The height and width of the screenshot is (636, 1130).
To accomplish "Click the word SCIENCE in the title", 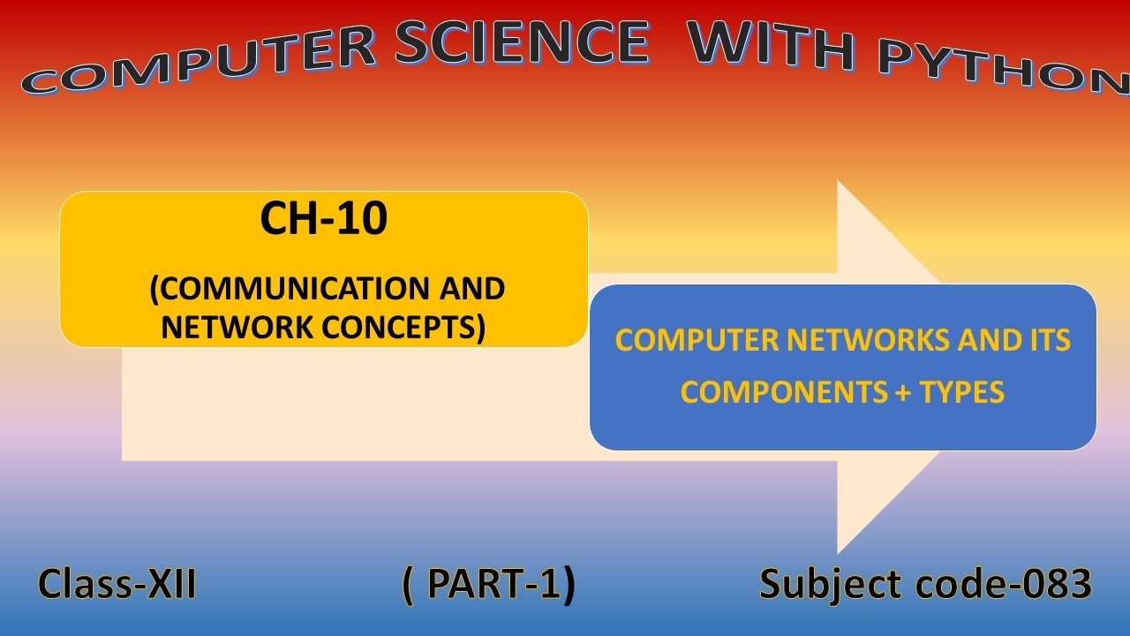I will coord(521,42).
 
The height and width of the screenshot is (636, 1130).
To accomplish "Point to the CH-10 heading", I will coord(323,219).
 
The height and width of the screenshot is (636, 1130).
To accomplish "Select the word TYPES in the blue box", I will coord(962,392).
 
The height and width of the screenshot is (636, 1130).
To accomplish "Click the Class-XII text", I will coord(117,585).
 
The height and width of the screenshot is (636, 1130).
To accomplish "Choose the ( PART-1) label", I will coord(488,585).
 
